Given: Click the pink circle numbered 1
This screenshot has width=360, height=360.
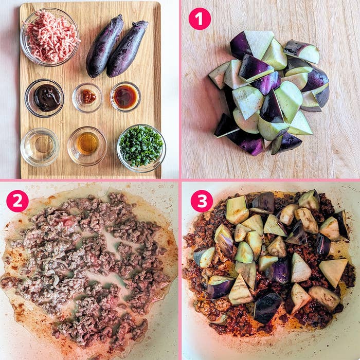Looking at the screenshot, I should [200, 19].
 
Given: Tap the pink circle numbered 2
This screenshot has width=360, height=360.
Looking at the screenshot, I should [17, 201].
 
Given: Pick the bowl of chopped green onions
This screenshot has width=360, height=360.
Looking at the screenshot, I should [141, 147].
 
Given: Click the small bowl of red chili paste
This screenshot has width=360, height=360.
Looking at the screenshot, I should [87, 97].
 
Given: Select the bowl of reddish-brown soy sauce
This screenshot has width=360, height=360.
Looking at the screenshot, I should [125, 97].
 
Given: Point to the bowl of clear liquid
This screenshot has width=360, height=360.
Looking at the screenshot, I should [40, 147].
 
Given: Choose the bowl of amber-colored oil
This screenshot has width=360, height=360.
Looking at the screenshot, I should [87, 145].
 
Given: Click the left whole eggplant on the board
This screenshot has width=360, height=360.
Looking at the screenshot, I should [104, 47].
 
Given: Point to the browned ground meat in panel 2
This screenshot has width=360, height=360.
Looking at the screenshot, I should [87, 267].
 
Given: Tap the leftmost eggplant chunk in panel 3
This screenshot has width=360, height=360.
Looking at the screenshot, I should [205, 257].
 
